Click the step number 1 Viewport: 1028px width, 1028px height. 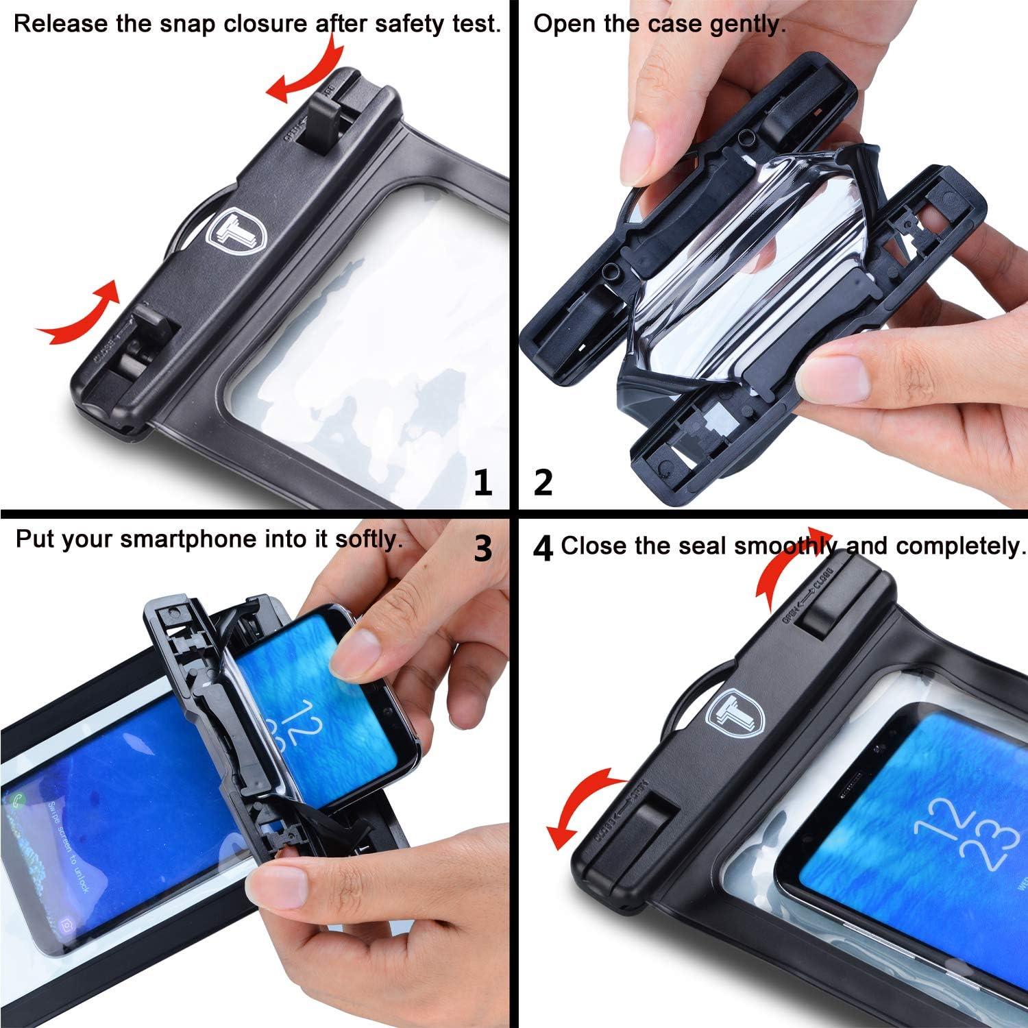(483, 484)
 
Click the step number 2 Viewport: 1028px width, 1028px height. (543, 484)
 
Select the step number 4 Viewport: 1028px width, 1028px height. (543, 548)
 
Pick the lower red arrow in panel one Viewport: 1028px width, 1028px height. (82, 315)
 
